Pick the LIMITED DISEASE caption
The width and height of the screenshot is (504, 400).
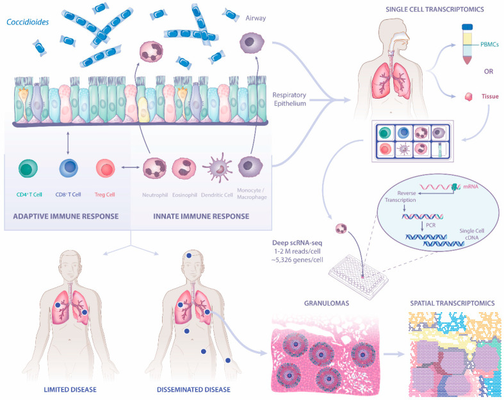(x=64, y=388)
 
